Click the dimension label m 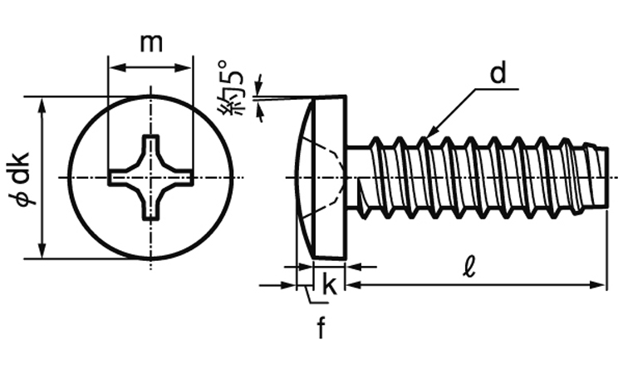[150, 43]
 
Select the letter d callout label [497, 74]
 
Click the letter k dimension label [329, 284]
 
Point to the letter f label [321, 328]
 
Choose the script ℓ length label [469, 268]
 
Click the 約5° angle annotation [233, 87]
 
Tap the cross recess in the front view [150, 178]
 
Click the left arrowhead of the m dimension [114, 66]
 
